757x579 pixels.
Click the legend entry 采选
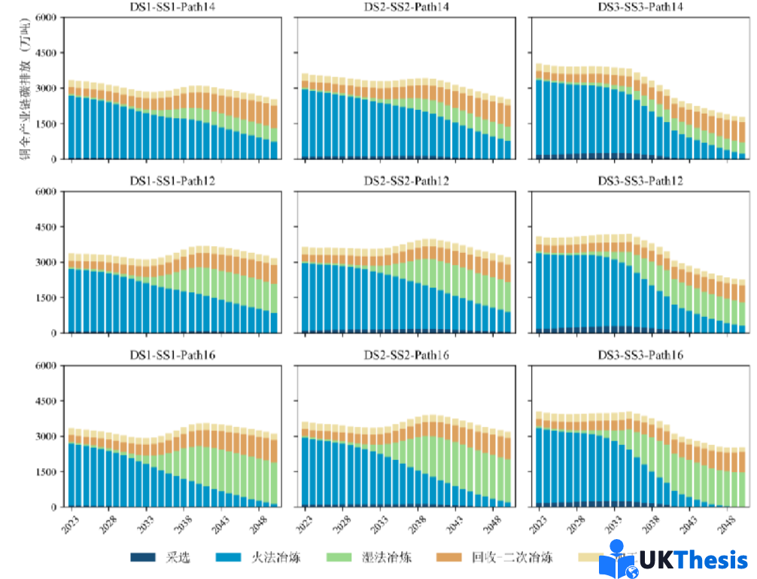click(x=178, y=557)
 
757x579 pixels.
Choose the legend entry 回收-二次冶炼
click(x=512, y=557)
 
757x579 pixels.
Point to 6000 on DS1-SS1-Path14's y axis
click(x=47, y=17)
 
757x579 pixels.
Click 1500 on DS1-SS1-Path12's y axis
click(x=47, y=297)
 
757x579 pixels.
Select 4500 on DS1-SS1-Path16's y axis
click(x=47, y=401)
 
